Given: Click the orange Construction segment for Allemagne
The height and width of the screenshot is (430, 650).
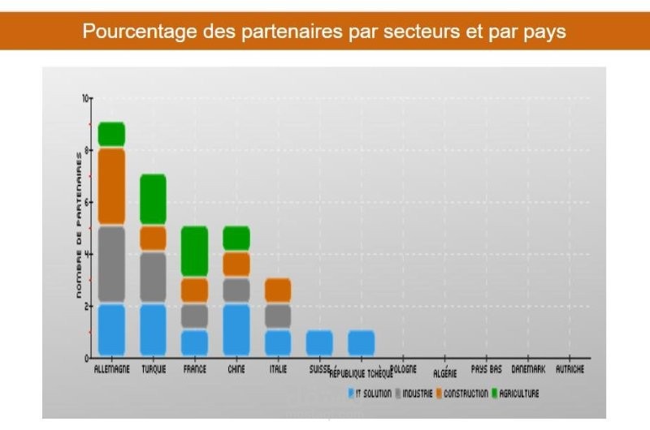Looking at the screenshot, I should [x=111, y=187].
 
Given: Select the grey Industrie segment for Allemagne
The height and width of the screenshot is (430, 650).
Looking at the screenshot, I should [x=111, y=264].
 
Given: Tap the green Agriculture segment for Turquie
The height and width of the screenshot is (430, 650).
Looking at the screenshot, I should [x=153, y=200].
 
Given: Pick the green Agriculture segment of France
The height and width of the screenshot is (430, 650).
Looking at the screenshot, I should [x=194, y=252].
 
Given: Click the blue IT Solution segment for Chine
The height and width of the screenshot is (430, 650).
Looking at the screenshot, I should [x=236, y=329].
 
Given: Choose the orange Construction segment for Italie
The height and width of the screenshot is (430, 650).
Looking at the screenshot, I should [x=278, y=290].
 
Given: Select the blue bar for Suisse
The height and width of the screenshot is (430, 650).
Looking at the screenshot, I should [x=319, y=342].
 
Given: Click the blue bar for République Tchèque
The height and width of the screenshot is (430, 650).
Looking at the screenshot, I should [x=361, y=342].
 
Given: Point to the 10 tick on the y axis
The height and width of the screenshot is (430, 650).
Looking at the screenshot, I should [x=85, y=98].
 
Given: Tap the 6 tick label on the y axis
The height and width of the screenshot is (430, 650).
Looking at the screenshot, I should [x=85, y=202].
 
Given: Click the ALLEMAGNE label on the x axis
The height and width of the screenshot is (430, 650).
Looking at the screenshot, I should [x=111, y=370].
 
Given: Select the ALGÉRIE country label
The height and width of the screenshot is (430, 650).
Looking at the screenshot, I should [x=444, y=374].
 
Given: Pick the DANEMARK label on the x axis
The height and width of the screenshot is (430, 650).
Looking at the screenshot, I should [x=528, y=369].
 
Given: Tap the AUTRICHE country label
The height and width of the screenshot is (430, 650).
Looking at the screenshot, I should [x=570, y=369].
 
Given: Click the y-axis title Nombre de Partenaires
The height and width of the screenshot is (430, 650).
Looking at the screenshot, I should [x=79, y=228].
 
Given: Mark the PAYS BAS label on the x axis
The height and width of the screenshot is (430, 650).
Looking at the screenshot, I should [x=486, y=369].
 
